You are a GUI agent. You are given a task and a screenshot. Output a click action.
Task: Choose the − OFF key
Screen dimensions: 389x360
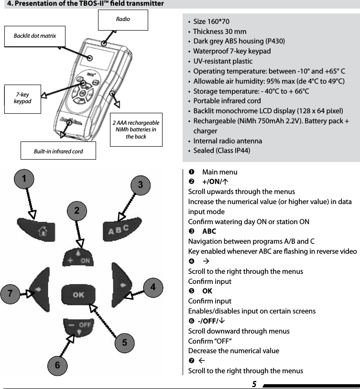pos(79,327)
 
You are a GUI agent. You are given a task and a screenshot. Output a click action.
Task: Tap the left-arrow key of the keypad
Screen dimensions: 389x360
pos(40,289)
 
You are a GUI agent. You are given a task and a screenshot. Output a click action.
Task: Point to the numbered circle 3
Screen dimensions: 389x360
pos(140,184)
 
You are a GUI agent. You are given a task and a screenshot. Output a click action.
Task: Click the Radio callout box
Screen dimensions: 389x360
pos(123,20)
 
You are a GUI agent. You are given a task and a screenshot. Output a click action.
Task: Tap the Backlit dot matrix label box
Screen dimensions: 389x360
pos(35,36)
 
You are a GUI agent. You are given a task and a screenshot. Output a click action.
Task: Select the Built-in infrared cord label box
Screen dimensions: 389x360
pos(58,151)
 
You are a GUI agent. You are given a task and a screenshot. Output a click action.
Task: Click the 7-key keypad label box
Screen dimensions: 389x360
pos(22,98)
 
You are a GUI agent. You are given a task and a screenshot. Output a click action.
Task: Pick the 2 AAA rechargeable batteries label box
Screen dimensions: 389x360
pos(136,130)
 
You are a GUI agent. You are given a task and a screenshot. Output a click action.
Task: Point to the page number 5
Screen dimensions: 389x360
pos(254,384)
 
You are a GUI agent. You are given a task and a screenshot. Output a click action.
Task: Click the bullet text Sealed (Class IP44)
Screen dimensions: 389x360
pos(221,151)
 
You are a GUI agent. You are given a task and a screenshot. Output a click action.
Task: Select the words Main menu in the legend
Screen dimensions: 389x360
pos(219,172)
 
